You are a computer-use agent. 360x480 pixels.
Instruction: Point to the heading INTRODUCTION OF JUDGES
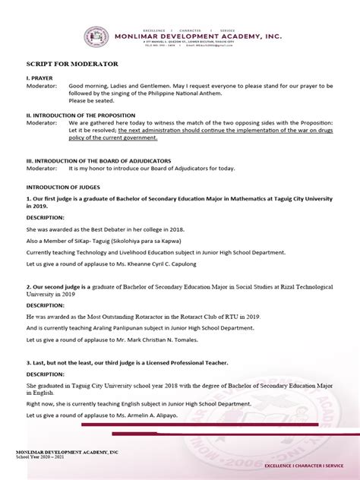pyautogui.click(x=68, y=186)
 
